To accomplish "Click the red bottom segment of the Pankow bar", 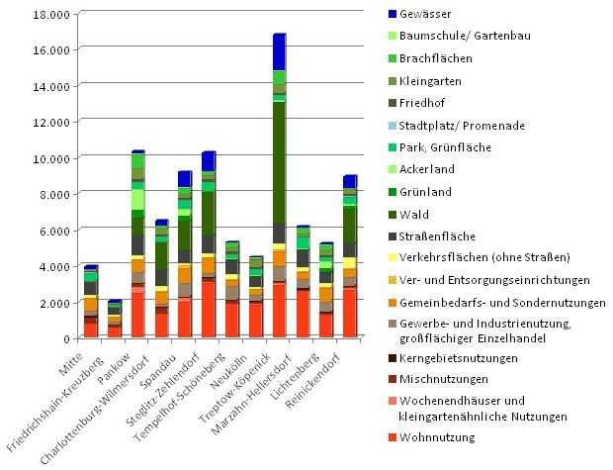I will [137, 316].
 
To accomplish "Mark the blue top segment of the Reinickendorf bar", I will [349, 181].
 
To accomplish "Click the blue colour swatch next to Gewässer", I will [394, 14].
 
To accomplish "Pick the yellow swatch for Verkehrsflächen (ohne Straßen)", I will [394, 259].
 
